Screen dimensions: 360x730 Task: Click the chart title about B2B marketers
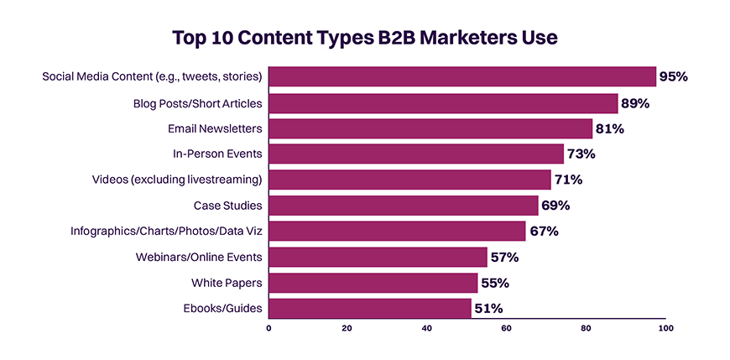pyautogui.click(x=364, y=39)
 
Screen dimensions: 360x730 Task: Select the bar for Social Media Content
pyautogui.click(x=461, y=76)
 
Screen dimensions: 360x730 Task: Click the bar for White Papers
pyautogui.click(x=373, y=283)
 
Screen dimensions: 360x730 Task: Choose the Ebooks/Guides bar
pyautogui.click(x=369, y=308)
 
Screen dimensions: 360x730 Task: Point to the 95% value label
pyautogui.click(x=673, y=76)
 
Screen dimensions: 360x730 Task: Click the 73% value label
pyautogui.click(x=581, y=154)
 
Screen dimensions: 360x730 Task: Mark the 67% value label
pyautogui.click(x=543, y=232)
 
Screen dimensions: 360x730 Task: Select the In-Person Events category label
pyautogui.click(x=217, y=154)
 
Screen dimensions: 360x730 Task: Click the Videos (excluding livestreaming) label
pyautogui.click(x=177, y=180)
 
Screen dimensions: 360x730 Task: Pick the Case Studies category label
pyautogui.click(x=227, y=206)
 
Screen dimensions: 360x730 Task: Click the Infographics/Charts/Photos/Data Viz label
pyautogui.click(x=166, y=231)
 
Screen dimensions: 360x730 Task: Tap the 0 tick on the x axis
pyautogui.click(x=269, y=328)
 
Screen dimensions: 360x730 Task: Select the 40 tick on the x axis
pyautogui.click(x=427, y=328)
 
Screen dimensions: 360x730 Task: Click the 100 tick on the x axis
pyautogui.click(x=665, y=328)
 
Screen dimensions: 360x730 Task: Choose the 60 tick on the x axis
pyautogui.click(x=506, y=328)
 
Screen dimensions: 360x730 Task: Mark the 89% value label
pyautogui.click(x=635, y=103)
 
